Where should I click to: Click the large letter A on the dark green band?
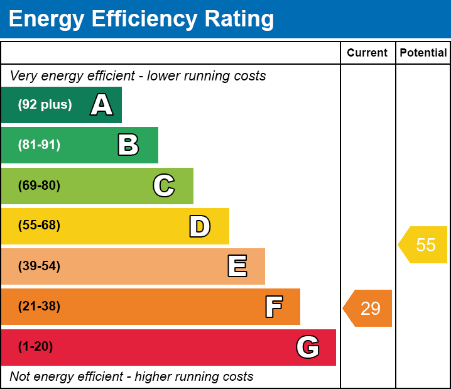tap(102, 104)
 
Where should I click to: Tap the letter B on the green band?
tap(128, 145)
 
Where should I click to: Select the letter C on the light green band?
tap(164, 185)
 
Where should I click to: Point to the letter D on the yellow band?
tap(200, 226)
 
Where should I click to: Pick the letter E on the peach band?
tap(237, 266)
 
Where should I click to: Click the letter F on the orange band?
tap(274, 307)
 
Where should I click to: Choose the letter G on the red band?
tap(308, 347)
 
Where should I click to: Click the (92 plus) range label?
tap(45, 104)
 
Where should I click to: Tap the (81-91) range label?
tap(39, 145)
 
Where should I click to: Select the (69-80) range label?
tap(39, 185)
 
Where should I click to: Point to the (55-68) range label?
tap(39, 225)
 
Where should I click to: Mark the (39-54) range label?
tap(39, 266)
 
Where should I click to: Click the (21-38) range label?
tap(39, 306)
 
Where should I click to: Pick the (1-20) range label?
tap(35, 346)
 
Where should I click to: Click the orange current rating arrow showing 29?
tap(367, 308)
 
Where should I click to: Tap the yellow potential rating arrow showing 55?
tap(423, 244)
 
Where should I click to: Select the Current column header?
tap(367, 53)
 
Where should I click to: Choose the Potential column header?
tap(423, 53)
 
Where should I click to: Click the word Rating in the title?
tap(239, 19)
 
